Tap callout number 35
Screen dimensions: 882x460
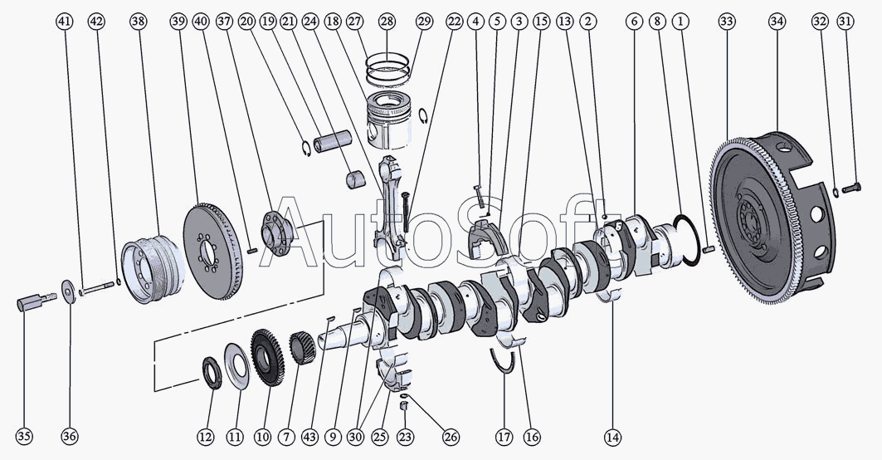click(x=24, y=437)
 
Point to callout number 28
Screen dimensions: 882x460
click(x=387, y=22)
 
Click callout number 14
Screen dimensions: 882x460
click(x=612, y=437)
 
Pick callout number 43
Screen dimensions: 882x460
click(x=310, y=437)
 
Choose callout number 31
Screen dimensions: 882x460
click(x=845, y=22)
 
